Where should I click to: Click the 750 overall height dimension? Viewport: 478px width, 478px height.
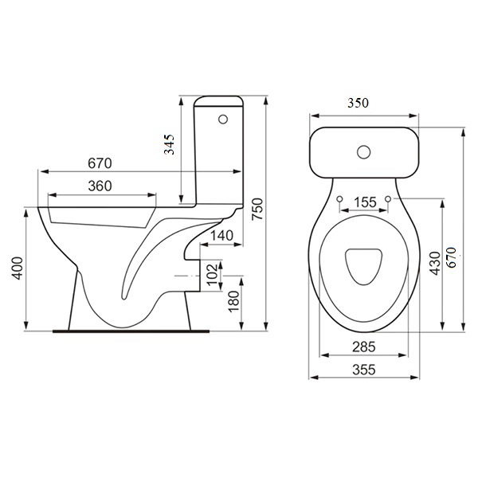258,209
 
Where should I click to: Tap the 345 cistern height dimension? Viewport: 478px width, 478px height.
169,144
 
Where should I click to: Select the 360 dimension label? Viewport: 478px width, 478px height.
100,186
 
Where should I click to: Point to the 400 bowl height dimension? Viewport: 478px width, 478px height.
18,268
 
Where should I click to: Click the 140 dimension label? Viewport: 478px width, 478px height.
222,236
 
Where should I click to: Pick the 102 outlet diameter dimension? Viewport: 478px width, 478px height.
213,274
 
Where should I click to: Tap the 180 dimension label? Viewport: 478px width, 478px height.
233,301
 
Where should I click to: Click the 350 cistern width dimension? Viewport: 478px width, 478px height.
358,103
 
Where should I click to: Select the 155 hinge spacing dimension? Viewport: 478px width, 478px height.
366,202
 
